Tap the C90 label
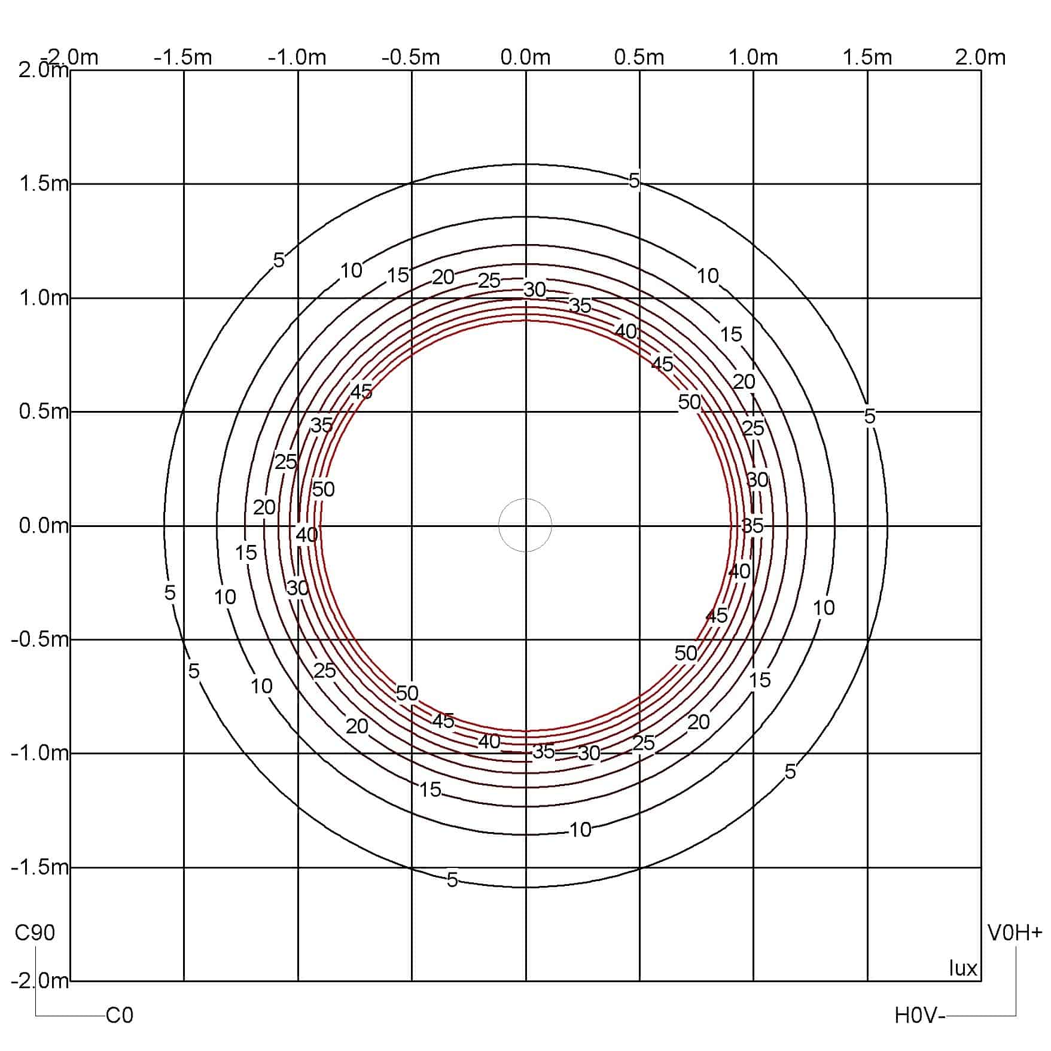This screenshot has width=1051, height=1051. tap(35, 933)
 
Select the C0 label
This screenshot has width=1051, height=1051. tap(120, 1015)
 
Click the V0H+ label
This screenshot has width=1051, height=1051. tap(1015, 933)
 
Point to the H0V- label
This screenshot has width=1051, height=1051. tap(920, 1015)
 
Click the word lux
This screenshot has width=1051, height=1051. tap(963, 968)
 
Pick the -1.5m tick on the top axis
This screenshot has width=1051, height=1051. tap(183, 57)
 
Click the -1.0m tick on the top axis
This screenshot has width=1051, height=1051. tap(297, 57)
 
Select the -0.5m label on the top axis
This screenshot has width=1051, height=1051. tap(411, 57)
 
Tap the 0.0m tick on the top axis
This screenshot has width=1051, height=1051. tap(525, 57)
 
